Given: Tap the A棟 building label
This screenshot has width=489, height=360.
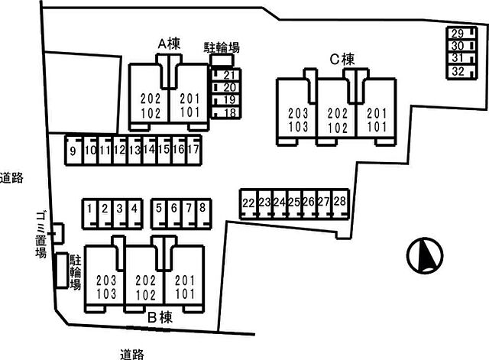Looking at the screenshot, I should [168, 45].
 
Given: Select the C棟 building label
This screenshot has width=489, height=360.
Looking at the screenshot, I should [342, 58].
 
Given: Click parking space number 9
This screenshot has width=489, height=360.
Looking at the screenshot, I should [73, 151].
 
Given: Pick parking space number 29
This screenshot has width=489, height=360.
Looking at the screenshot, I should [457, 34].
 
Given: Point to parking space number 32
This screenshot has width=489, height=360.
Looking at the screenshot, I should [457, 72].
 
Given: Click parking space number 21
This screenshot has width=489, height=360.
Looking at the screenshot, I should [228, 75].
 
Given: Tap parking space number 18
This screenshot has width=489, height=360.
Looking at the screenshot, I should [228, 113].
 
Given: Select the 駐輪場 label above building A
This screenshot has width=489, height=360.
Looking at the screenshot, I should [222, 47].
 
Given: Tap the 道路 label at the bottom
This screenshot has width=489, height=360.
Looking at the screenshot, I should [132, 353].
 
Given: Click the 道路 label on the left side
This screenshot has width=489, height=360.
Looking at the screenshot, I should [11, 178].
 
